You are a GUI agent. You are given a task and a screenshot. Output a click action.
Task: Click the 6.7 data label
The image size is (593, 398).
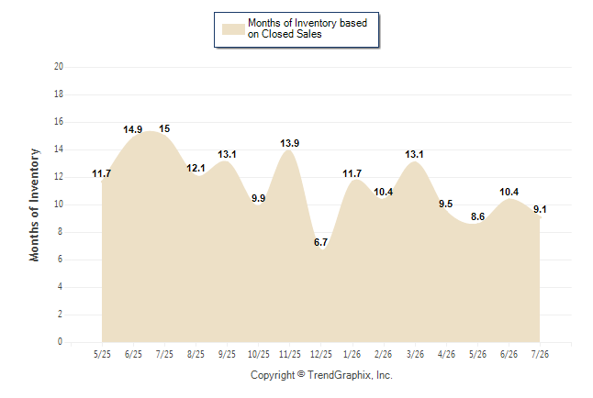pyautogui.click(x=320, y=242)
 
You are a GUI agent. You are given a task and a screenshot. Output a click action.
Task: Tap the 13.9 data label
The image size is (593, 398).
pyautogui.click(x=290, y=143)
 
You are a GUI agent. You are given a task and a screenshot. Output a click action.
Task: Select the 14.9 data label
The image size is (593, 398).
pyautogui.click(x=133, y=129)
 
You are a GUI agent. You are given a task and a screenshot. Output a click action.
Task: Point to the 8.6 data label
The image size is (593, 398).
pyautogui.click(x=477, y=216)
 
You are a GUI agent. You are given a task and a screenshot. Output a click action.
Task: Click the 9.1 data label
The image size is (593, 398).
pyautogui.click(x=540, y=209)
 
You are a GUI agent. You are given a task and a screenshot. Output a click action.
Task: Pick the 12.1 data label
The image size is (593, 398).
pyautogui.click(x=196, y=168)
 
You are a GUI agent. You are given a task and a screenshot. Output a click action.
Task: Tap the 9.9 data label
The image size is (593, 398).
pyautogui.click(x=258, y=198)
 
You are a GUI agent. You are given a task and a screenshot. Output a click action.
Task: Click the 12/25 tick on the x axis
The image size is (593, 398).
pyautogui.click(x=321, y=354)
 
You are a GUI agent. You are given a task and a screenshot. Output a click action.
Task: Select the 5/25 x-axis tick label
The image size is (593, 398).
pyautogui.click(x=102, y=354)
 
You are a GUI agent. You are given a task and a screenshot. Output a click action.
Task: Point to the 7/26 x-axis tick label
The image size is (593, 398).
pyautogui.click(x=540, y=354)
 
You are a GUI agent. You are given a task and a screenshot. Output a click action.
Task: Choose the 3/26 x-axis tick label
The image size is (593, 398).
pyautogui.click(x=415, y=354)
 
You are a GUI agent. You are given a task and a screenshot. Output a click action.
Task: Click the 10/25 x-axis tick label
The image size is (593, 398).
pyautogui.click(x=259, y=354)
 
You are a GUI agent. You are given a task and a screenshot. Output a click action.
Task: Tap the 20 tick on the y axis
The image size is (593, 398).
pyautogui.click(x=59, y=67)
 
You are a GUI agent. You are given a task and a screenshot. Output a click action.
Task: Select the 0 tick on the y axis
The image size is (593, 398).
pyautogui.click(x=61, y=342)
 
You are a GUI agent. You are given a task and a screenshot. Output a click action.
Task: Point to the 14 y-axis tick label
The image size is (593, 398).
pyautogui.click(x=59, y=149)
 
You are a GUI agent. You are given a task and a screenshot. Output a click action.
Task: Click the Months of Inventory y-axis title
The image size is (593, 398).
pyautogui.click(x=34, y=205)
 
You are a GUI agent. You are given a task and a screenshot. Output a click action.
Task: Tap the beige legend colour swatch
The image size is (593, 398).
pyautogui.click(x=233, y=29)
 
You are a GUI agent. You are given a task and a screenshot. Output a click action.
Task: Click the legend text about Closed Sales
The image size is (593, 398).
pyautogui.click(x=308, y=28)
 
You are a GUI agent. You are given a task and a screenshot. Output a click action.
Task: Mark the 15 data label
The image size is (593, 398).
pyautogui.click(x=164, y=129)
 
